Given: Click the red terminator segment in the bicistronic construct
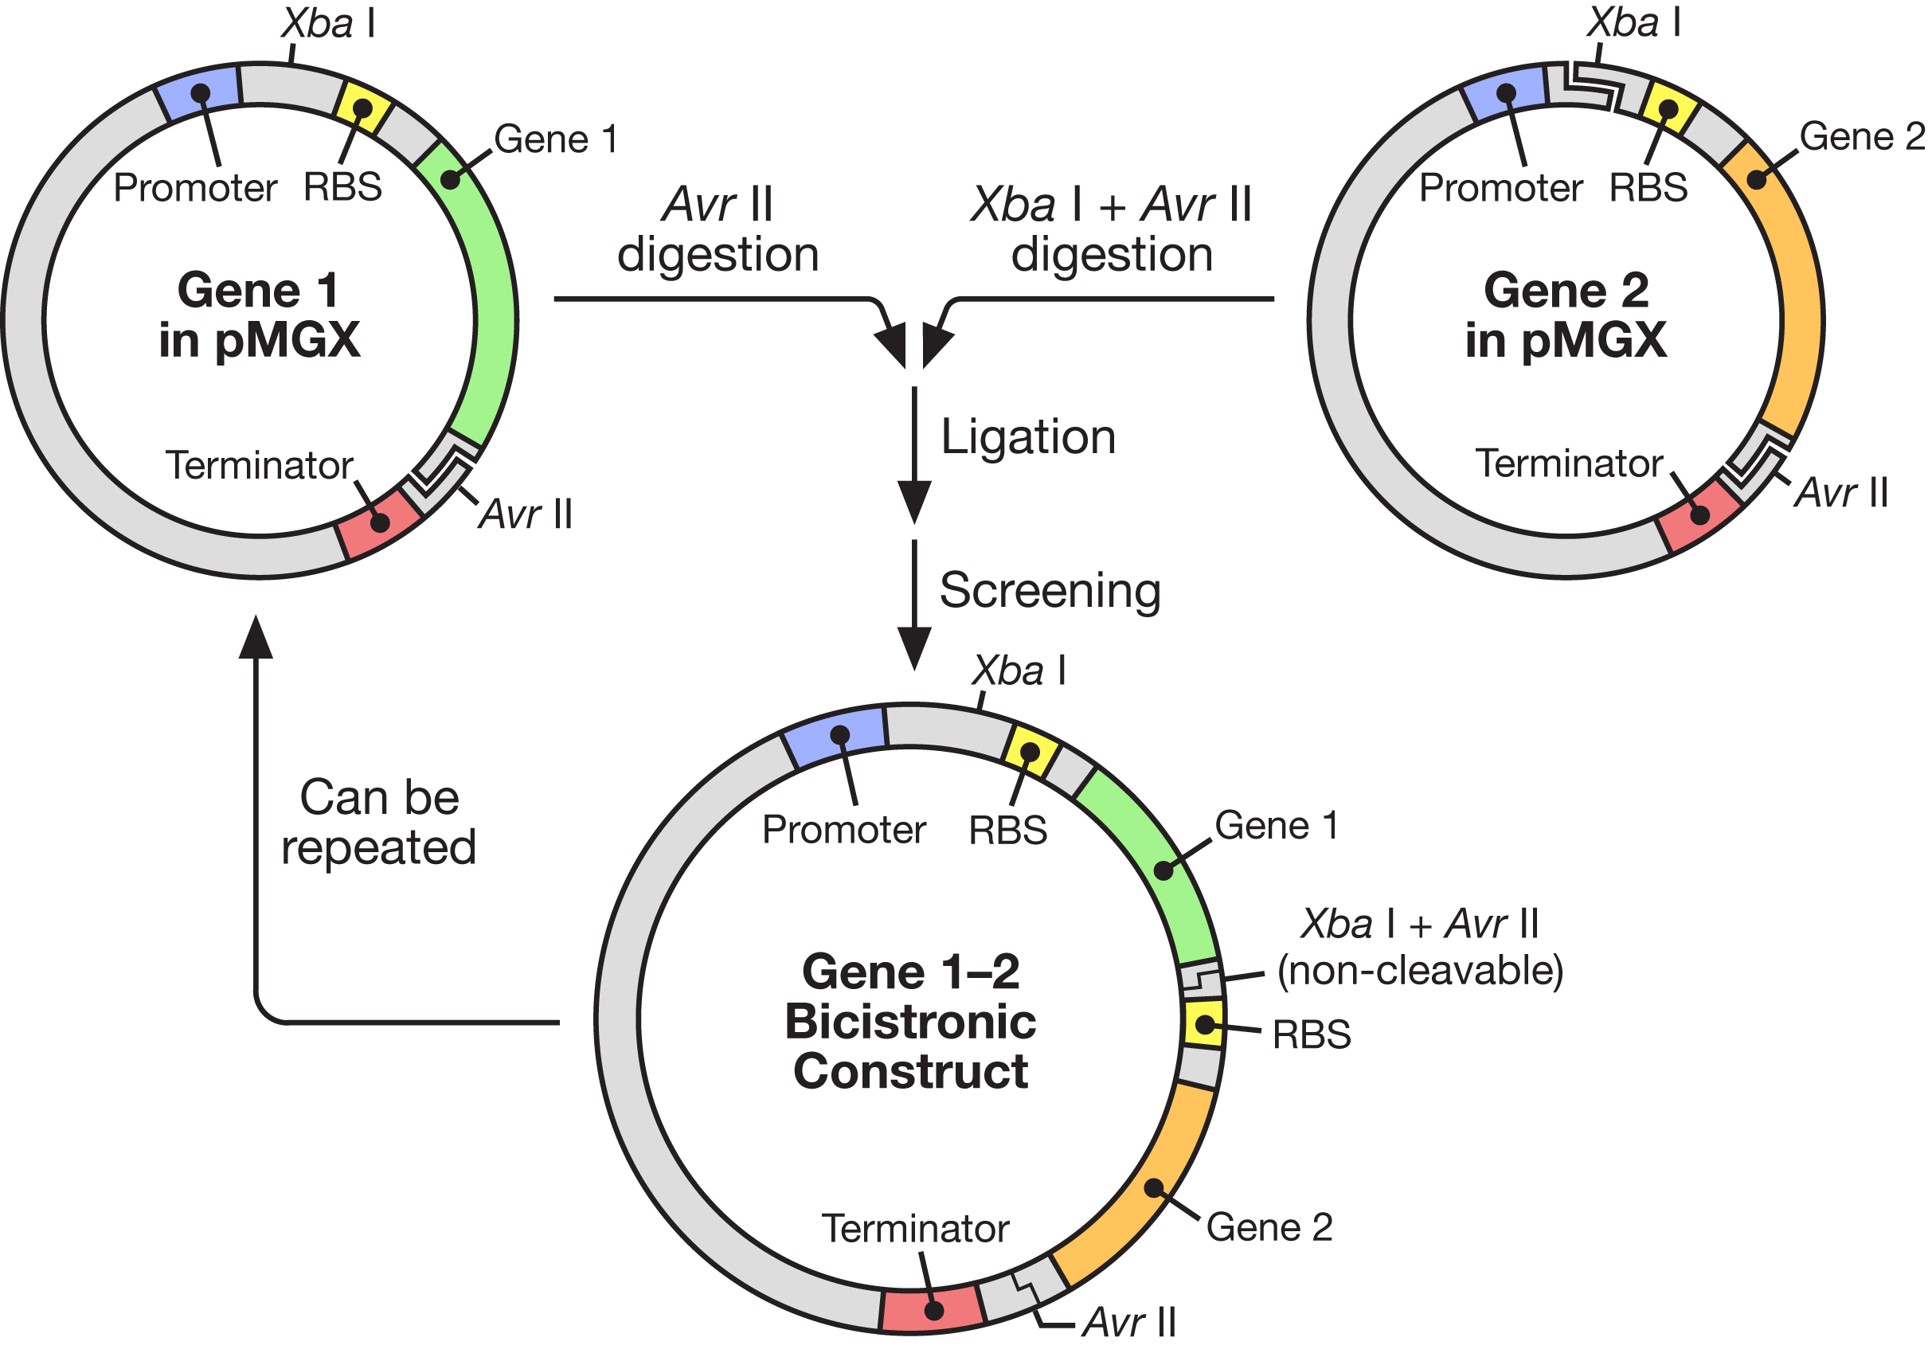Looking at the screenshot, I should [x=932, y=1309].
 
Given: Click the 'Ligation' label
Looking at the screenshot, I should [x=1028, y=436].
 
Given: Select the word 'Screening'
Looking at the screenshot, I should [x=1050, y=590].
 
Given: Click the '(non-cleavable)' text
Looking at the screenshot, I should [x=1420, y=971].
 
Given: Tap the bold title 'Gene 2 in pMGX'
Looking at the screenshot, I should [x=1566, y=315].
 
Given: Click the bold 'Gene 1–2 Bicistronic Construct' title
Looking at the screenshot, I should [x=910, y=1021].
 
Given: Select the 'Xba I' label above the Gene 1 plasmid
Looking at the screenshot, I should [x=328, y=24].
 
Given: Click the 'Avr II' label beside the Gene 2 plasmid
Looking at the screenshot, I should [x=1840, y=493].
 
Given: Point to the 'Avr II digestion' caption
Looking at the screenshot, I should [x=718, y=229].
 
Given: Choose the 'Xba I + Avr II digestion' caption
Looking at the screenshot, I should [x=1112, y=229].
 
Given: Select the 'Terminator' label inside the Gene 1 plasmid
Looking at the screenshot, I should [x=260, y=465].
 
